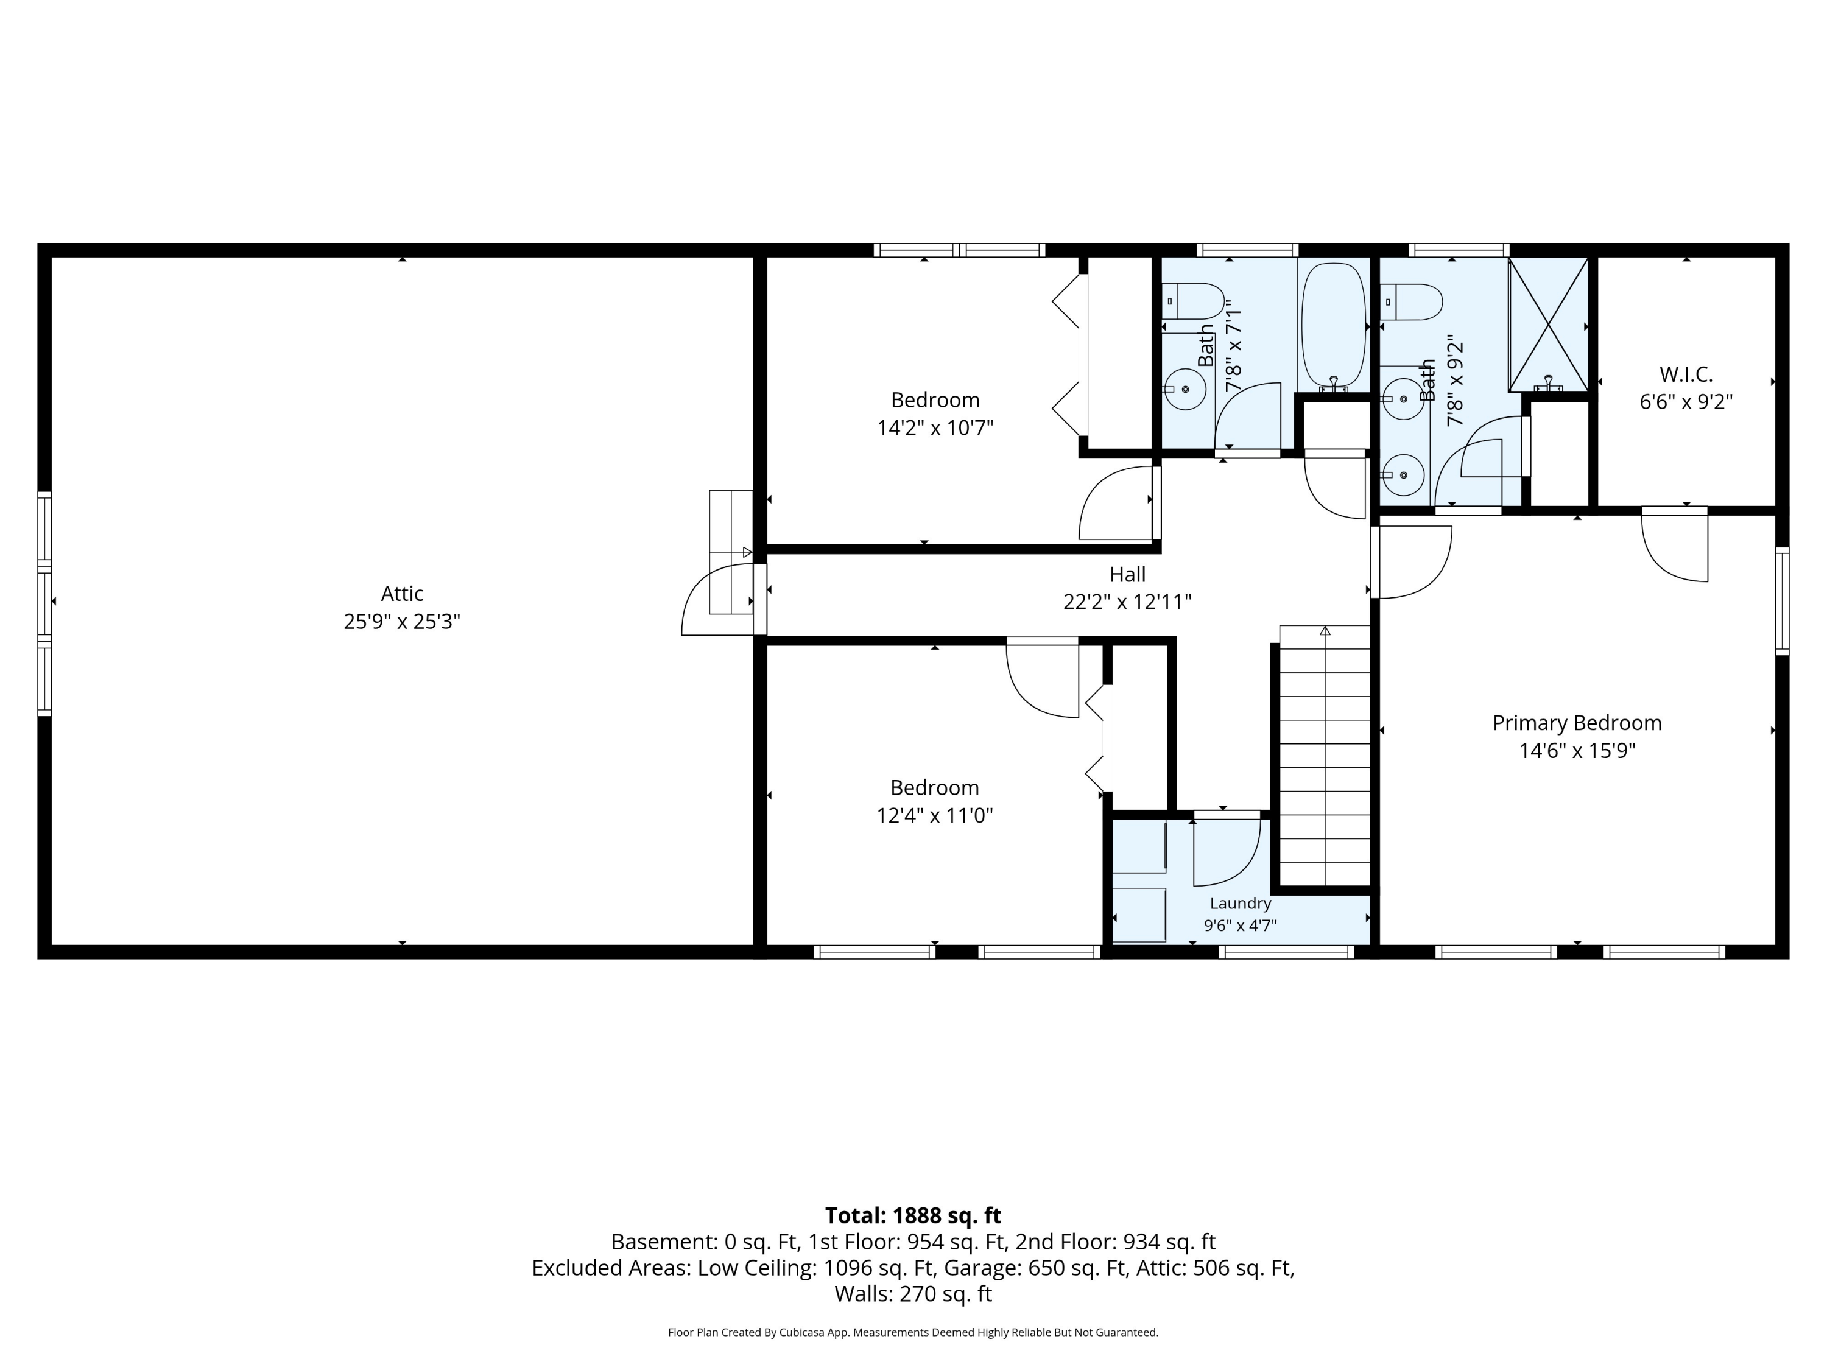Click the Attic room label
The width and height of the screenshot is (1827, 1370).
pos(402,594)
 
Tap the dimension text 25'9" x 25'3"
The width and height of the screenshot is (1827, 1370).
pos(402,622)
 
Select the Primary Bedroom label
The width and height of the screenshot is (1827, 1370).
pos(1577,723)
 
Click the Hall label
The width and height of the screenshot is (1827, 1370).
pos(1127,574)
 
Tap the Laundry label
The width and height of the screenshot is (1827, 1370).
pos(1241,904)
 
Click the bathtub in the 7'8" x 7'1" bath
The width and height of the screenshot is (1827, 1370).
pos(1333,327)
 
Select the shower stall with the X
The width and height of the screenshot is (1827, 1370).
pos(1549,325)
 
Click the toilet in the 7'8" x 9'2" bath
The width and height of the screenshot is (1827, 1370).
pos(1410,302)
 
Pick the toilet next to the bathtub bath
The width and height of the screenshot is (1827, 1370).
pos(1192,301)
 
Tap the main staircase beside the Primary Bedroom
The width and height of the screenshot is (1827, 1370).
pos(1325,756)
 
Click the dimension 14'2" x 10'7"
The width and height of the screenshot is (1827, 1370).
pos(935,429)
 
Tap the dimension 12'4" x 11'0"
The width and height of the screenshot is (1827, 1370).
pos(934,816)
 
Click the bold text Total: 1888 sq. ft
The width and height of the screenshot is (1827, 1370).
pos(913,1215)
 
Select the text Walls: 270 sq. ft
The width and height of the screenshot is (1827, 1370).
pos(913,1293)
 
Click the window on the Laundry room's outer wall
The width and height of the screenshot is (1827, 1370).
pos(1286,951)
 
